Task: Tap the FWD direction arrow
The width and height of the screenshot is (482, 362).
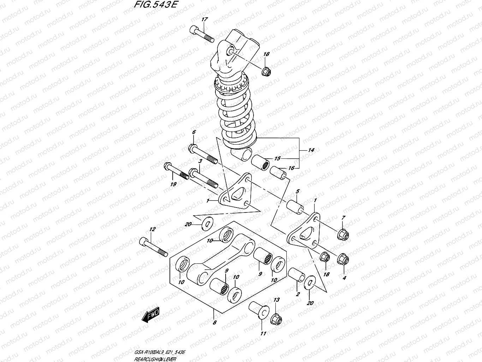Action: (x=151, y=314)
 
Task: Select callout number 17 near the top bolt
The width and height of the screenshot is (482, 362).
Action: (x=204, y=19)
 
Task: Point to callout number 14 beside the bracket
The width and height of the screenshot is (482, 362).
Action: (x=310, y=150)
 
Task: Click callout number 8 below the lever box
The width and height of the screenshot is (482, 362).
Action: (x=215, y=322)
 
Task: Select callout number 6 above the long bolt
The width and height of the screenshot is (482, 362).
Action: (x=194, y=132)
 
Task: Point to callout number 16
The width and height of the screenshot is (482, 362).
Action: (x=291, y=168)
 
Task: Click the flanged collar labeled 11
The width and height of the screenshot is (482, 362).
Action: (x=257, y=310)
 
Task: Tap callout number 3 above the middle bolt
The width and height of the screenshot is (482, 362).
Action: (x=200, y=161)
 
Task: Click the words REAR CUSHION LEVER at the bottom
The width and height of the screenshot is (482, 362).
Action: (x=155, y=358)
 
